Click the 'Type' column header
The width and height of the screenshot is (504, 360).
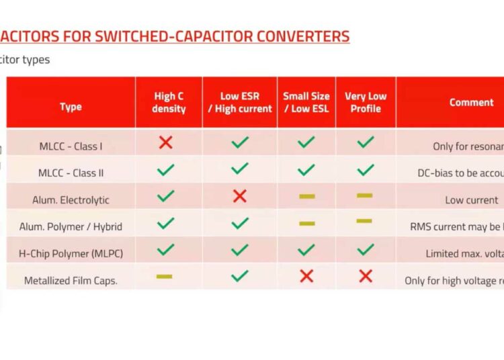[x=71, y=107]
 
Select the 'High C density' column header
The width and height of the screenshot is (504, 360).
[x=169, y=102]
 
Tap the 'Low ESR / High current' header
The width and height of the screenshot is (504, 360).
[x=239, y=102]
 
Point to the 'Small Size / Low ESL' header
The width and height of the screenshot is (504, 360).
[x=307, y=102]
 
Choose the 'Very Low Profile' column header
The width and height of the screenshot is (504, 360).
[x=366, y=102]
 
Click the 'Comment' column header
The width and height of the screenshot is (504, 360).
[x=471, y=102]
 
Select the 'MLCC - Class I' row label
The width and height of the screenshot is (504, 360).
[x=71, y=146]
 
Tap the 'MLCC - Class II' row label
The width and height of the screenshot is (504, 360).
[x=71, y=173]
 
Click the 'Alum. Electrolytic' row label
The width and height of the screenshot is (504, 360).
[x=71, y=199]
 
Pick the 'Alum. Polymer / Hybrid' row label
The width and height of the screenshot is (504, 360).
[x=71, y=226]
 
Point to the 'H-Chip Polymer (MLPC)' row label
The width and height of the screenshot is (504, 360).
[x=71, y=253]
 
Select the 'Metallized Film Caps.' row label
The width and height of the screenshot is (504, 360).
[x=71, y=280]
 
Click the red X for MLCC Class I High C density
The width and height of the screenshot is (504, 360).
[x=165, y=142]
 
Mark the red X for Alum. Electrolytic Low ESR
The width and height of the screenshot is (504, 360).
[x=239, y=196]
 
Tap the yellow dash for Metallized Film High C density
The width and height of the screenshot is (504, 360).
[x=164, y=276]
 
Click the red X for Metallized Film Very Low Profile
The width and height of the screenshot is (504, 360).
[x=366, y=275]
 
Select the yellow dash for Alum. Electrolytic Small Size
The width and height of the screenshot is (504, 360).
[x=307, y=196]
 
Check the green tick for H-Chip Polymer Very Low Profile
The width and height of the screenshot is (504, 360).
[x=366, y=249]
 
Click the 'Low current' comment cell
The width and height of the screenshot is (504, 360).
[x=471, y=199]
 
